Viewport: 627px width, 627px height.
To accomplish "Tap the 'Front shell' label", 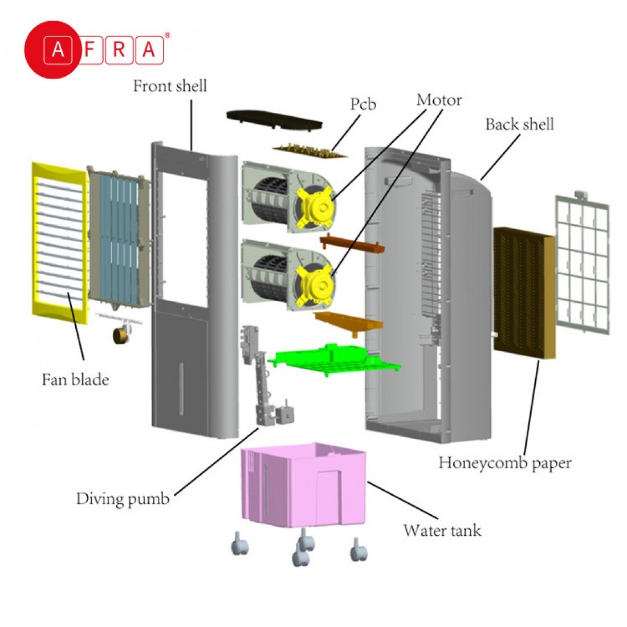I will (170, 87).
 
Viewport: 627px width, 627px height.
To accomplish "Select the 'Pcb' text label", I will (363, 104).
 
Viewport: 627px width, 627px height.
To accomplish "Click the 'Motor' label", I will (439, 100).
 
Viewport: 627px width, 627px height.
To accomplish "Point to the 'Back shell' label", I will (519, 124).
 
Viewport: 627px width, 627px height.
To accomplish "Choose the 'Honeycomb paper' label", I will (504, 463).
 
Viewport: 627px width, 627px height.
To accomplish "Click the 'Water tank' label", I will (442, 531).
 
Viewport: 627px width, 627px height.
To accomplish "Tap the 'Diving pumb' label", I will (123, 499).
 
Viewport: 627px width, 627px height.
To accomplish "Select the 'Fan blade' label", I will (75, 380).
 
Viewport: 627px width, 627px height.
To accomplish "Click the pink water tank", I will (302, 484).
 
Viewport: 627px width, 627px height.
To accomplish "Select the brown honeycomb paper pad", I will (523, 291).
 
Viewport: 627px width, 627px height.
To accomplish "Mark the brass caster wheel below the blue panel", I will (121, 336).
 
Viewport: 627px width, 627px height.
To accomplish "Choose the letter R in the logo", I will (119, 50).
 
